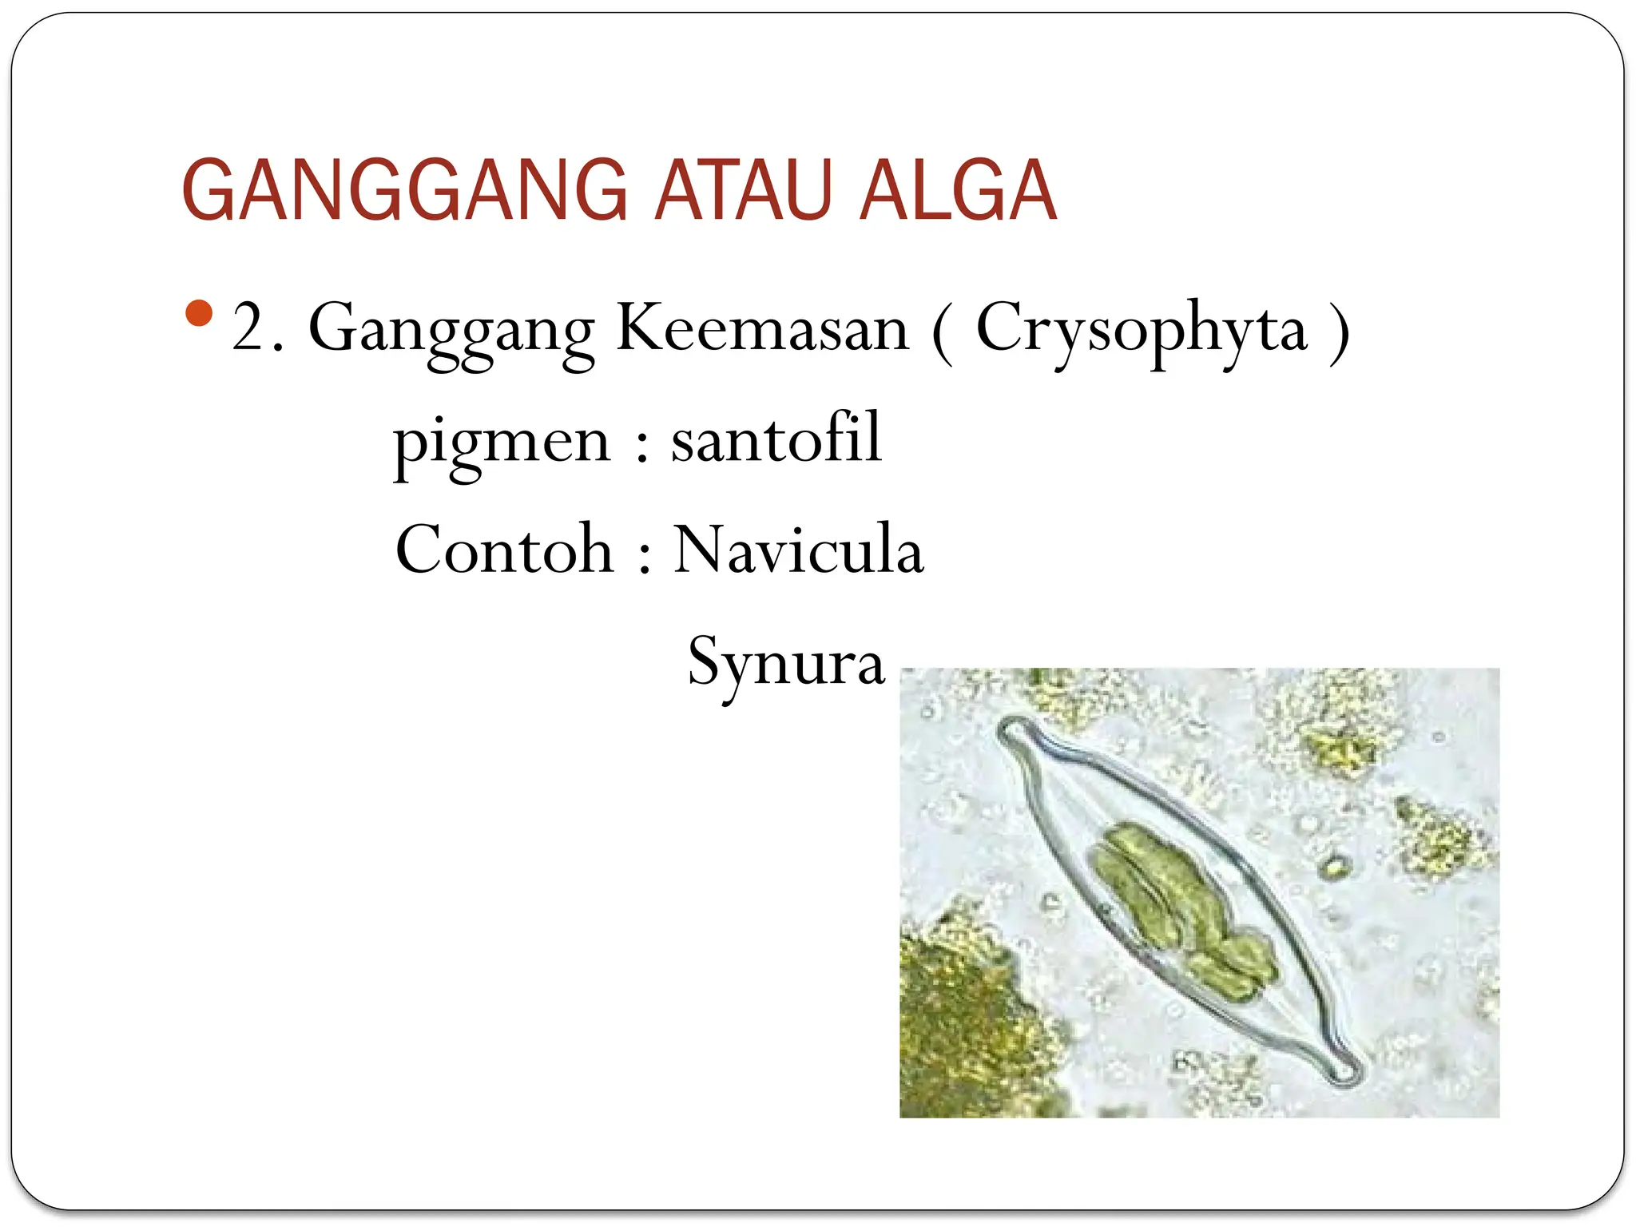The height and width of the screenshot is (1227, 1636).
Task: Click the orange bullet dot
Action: point(198,312)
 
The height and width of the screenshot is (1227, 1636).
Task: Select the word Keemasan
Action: point(762,328)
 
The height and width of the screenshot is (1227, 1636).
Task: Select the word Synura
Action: point(786,663)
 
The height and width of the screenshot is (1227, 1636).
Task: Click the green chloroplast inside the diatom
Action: point(1174,903)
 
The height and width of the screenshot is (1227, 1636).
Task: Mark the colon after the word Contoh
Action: point(645,559)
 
